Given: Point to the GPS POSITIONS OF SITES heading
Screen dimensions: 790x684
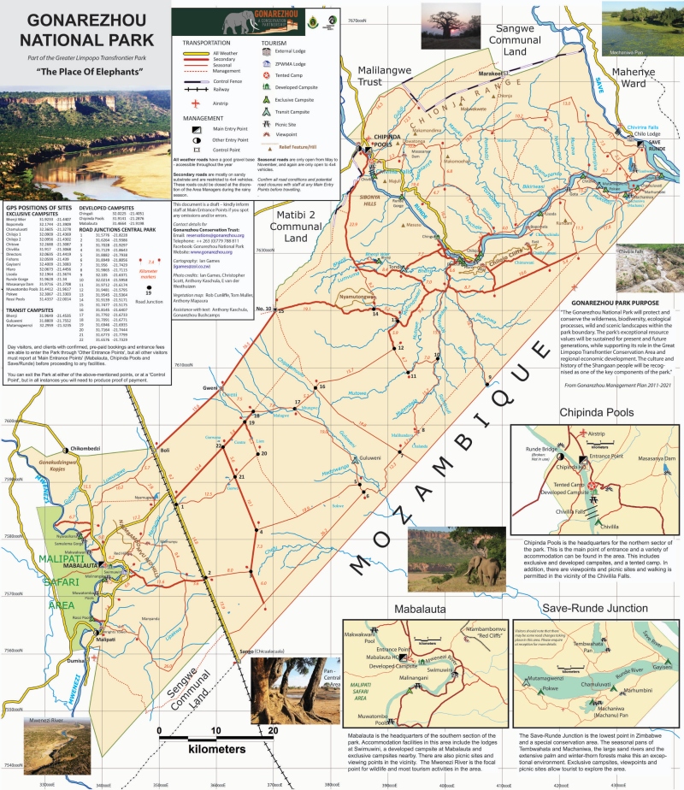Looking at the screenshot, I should pyautogui.click(x=38, y=208).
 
